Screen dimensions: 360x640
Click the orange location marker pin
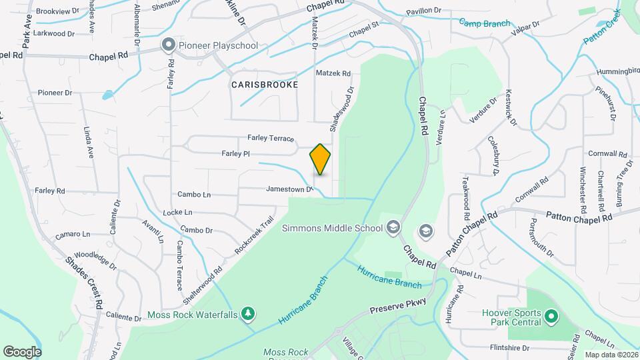coord(320,159)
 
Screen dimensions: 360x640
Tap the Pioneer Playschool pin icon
coord(169,45)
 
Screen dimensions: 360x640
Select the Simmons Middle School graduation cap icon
coord(393,228)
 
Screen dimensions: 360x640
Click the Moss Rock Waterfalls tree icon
coord(247,313)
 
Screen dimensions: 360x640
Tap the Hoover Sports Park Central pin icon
coord(551,315)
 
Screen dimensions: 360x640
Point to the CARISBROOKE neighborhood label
coord(264,85)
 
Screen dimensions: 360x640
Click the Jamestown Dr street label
coord(289,189)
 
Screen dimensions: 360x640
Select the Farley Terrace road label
coord(271,138)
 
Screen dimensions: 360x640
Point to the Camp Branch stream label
coord(484,23)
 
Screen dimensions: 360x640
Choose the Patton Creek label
coord(602,27)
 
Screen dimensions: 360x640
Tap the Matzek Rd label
coord(333,73)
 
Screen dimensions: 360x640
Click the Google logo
coord(22,351)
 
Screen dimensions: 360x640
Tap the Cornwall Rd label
coord(609,153)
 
